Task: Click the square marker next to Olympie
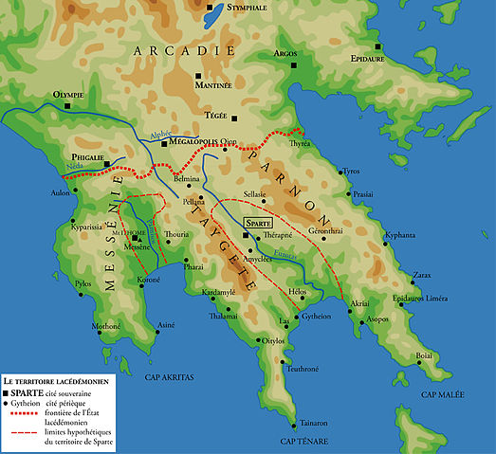pos(67,106)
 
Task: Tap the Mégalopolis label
pos(193,148)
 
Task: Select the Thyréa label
pos(300,143)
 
